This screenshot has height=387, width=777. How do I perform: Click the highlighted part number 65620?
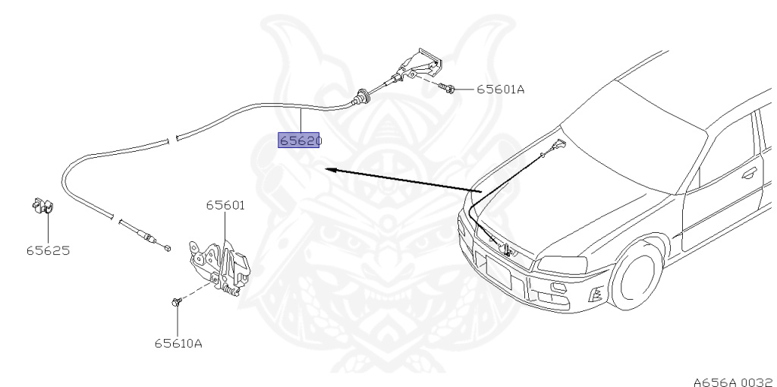click(299, 140)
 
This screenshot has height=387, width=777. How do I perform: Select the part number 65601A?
click(501, 90)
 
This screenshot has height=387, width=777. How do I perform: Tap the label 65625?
click(48, 250)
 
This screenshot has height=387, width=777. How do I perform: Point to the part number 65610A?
click(178, 344)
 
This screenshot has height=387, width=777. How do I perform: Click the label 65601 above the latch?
click(225, 205)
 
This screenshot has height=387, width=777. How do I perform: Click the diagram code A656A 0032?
click(735, 382)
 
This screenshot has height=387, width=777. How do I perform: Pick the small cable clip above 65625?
click(42, 206)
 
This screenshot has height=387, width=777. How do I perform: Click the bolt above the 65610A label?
click(177, 301)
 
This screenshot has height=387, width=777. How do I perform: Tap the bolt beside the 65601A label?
click(447, 88)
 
